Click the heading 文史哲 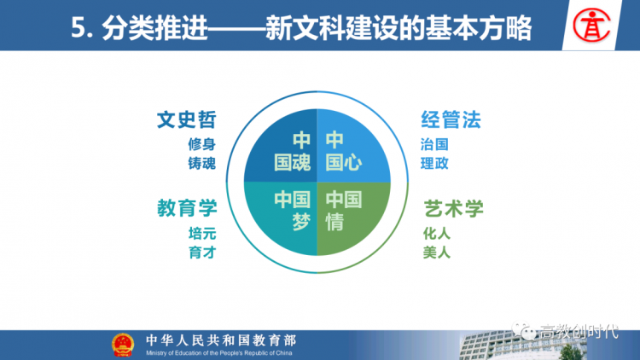click(x=187, y=119)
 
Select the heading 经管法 click(x=451, y=119)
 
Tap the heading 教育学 click(x=187, y=208)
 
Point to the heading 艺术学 click(x=453, y=208)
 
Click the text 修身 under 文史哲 click(x=201, y=144)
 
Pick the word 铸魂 click(x=201, y=163)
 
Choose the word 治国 click(x=434, y=144)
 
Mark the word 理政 click(x=434, y=163)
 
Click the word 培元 click(x=202, y=234)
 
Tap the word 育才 click(x=202, y=253)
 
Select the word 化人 click(x=437, y=234)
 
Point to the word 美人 click(x=437, y=253)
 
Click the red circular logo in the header click(x=591, y=26)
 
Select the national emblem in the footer click(x=123, y=345)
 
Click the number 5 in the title click(x=77, y=28)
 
